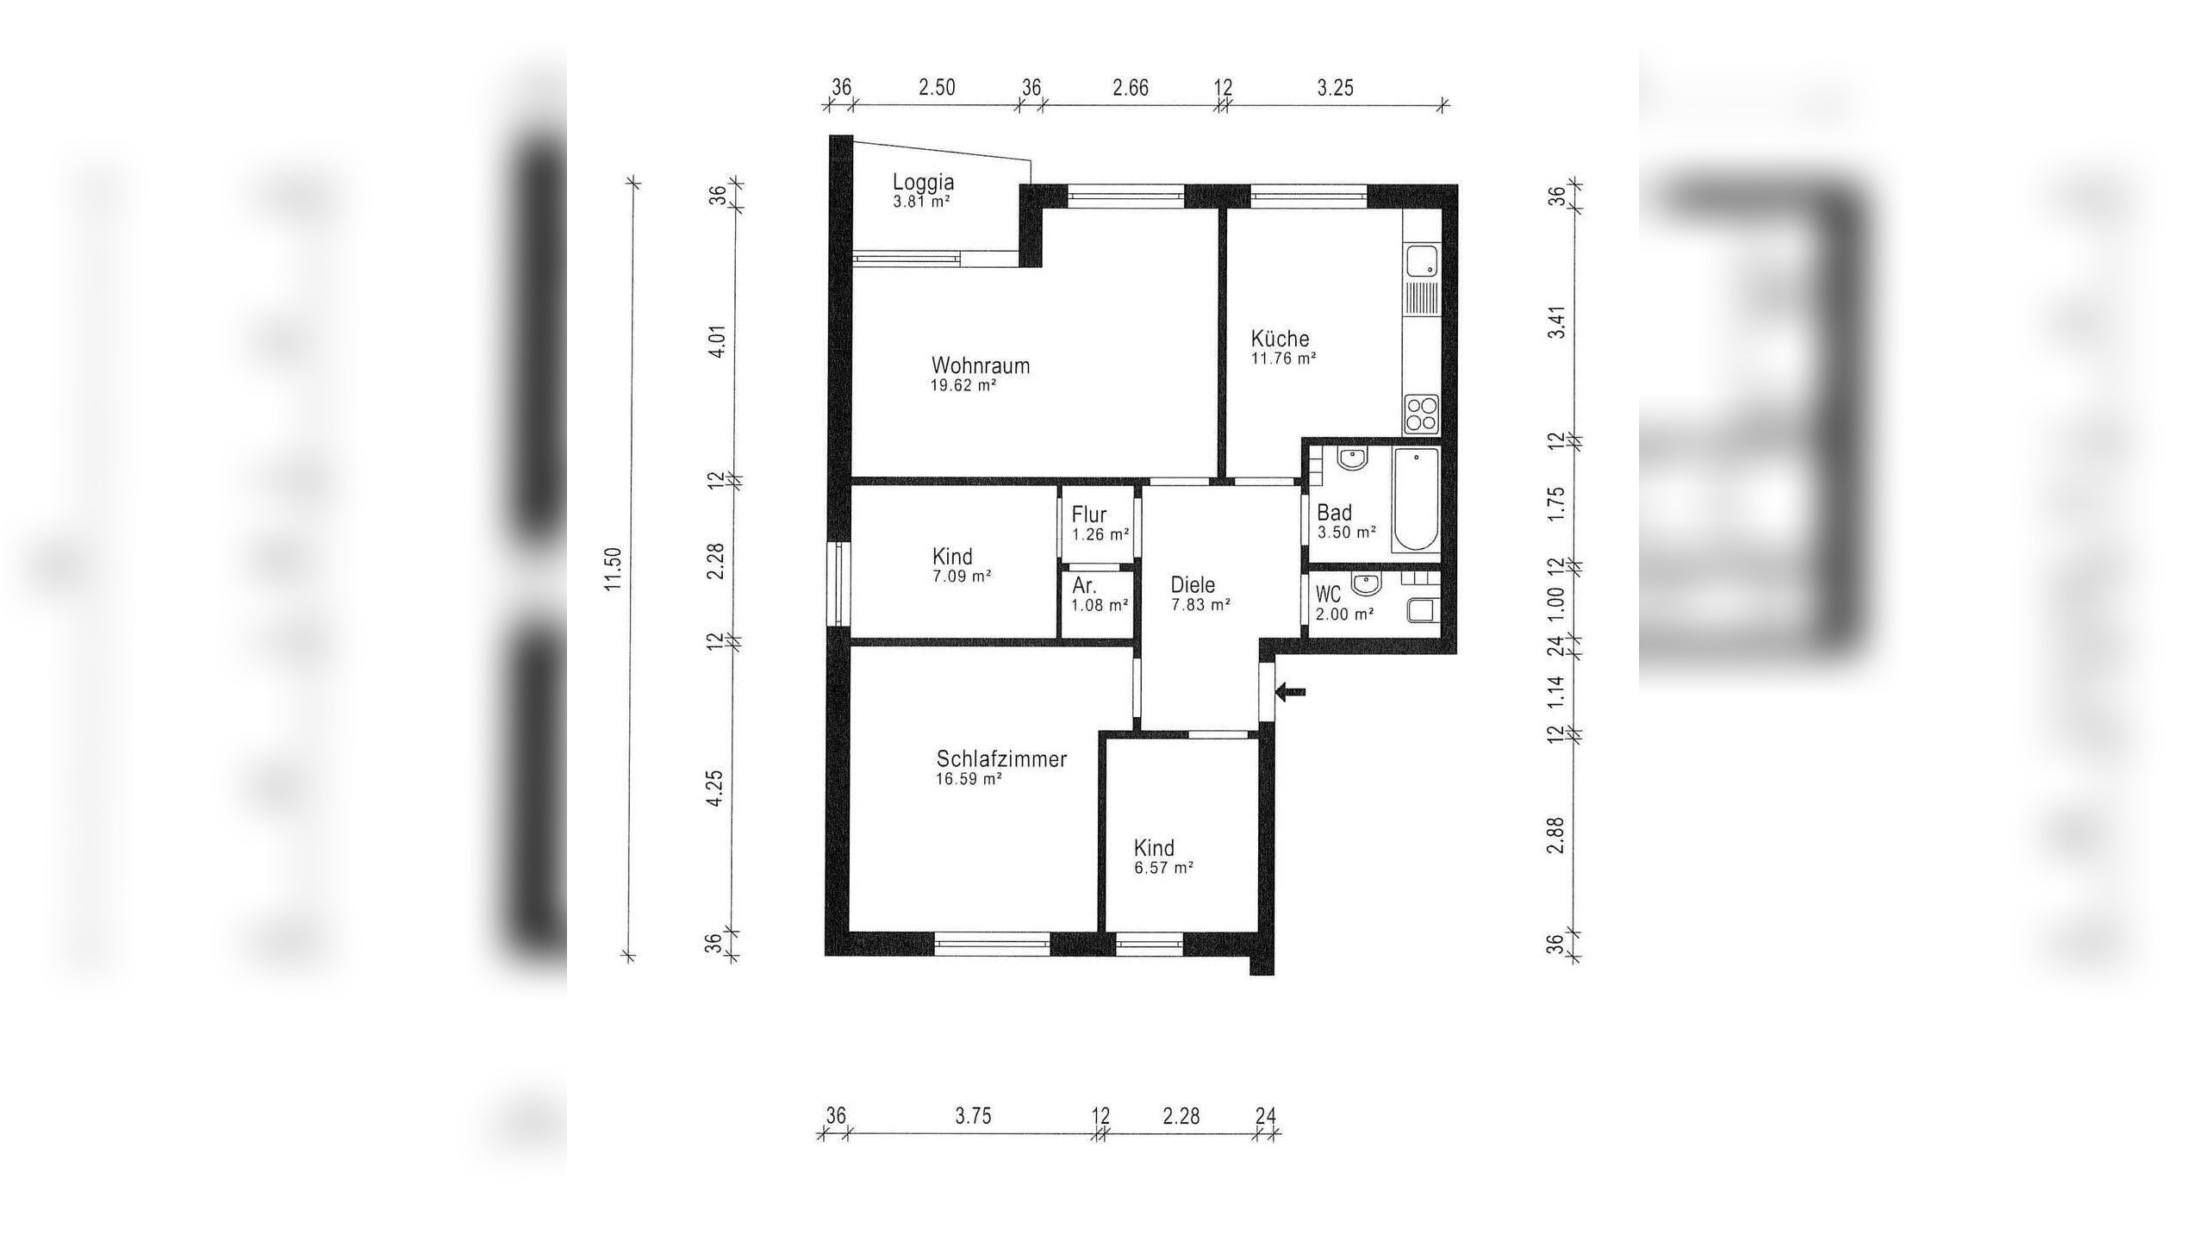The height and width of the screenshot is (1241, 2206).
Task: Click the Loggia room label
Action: (x=923, y=183)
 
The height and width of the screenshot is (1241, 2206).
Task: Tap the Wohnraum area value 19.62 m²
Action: (x=963, y=385)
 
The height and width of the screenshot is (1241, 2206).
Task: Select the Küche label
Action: (x=1280, y=339)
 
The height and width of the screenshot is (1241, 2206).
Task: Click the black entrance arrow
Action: (x=1291, y=691)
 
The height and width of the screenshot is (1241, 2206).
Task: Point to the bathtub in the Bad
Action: (x=1416, y=500)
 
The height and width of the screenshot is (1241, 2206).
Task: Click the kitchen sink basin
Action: (x=1418, y=259)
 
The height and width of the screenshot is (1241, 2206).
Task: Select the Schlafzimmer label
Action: (x=1001, y=759)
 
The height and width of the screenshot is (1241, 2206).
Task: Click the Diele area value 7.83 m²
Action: (x=1200, y=605)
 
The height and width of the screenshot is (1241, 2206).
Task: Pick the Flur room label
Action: (x=1089, y=514)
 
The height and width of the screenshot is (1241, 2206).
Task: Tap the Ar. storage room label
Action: (x=1084, y=586)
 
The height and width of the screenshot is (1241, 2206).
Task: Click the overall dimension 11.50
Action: (x=614, y=569)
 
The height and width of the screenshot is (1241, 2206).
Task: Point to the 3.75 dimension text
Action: (x=973, y=1116)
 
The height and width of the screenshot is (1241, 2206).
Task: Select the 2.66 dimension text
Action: (x=1131, y=88)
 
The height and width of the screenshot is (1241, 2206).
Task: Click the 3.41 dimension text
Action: (x=1556, y=321)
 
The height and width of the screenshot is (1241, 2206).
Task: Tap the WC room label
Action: (x=1329, y=595)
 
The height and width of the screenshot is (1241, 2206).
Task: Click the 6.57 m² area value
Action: (x=1163, y=868)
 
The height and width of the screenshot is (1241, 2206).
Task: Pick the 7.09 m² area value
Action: (x=962, y=576)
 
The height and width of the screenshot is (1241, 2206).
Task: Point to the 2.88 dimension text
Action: (x=1555, y=835)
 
